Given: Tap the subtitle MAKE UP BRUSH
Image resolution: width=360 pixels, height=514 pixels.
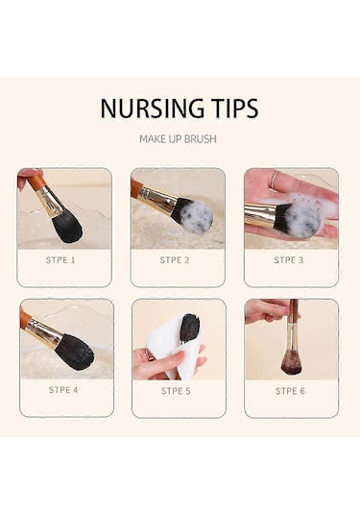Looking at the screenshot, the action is [178, 138].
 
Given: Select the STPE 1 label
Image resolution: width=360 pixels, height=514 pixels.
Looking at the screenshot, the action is [60, 260].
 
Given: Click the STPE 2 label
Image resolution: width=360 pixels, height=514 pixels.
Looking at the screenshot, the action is [175, 260].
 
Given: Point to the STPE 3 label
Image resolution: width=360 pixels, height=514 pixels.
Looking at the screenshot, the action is [288, 260].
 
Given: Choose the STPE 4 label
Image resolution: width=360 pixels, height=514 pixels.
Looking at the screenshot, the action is [63, 390].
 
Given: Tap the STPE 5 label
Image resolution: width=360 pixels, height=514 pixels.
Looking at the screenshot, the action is [176, 391].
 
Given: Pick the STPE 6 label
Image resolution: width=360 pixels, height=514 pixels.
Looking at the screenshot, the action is [290, 391].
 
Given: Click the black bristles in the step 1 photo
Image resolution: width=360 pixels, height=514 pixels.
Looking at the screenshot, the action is [67, 227].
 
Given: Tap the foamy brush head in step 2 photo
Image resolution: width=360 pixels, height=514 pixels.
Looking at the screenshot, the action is [194, 215].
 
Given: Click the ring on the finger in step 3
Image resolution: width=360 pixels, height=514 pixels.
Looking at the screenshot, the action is [274, 180].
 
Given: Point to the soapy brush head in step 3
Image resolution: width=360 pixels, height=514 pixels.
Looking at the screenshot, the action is [300, 219].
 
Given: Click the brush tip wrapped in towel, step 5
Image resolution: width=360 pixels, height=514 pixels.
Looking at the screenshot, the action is [189, 328].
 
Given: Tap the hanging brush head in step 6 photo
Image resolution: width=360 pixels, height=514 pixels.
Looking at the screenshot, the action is [291, 362].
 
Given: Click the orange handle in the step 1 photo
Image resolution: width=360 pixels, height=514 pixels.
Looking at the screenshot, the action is [36, 181].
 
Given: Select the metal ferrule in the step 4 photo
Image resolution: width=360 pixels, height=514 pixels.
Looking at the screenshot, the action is [43, 332].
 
